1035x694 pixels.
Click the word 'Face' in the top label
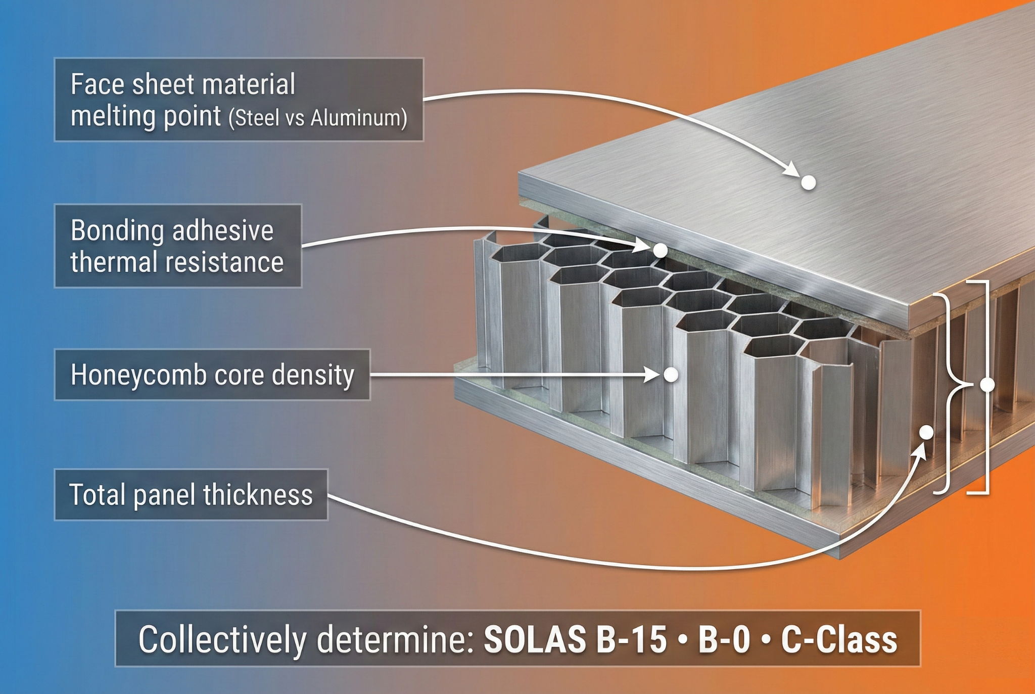click(x=98, y=84)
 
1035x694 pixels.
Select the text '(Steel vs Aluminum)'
click(x=318, y=118)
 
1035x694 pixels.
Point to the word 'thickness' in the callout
click(x=258, y=494)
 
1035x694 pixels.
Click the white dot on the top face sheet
click(x=809, y=182)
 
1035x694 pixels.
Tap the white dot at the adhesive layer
click(x=660, y=250)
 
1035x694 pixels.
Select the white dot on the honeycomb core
click(x=671, y=375)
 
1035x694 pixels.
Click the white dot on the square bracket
click(x=987, y=385)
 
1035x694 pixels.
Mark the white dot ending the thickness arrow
click(x=926, y=432)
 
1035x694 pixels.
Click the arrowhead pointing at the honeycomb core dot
click(x=653, y=375)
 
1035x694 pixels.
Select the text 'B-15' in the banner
click(x=631, y=639)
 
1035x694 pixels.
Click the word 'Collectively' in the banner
click(x=222, y=640)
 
